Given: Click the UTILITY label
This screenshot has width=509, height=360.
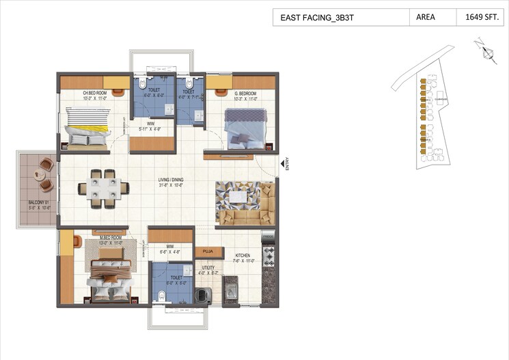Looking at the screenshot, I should click(208, 268).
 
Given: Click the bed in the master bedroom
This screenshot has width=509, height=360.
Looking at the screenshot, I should click(109, 273).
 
